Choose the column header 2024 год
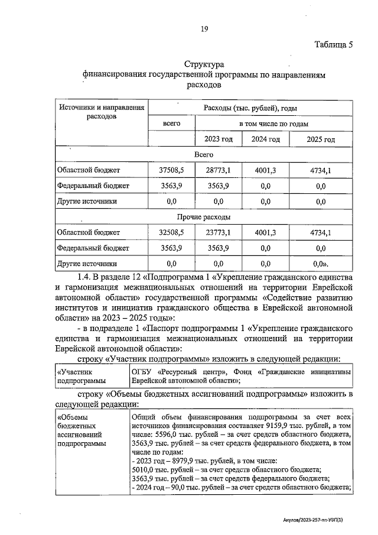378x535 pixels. pos(266,140)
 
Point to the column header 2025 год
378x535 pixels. pos(321,140)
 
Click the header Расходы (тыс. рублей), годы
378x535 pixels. pos(250,108)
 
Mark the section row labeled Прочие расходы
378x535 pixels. pos(204,217)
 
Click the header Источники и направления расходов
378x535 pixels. pos(101,112)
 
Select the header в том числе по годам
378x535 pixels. pos(273,124)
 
